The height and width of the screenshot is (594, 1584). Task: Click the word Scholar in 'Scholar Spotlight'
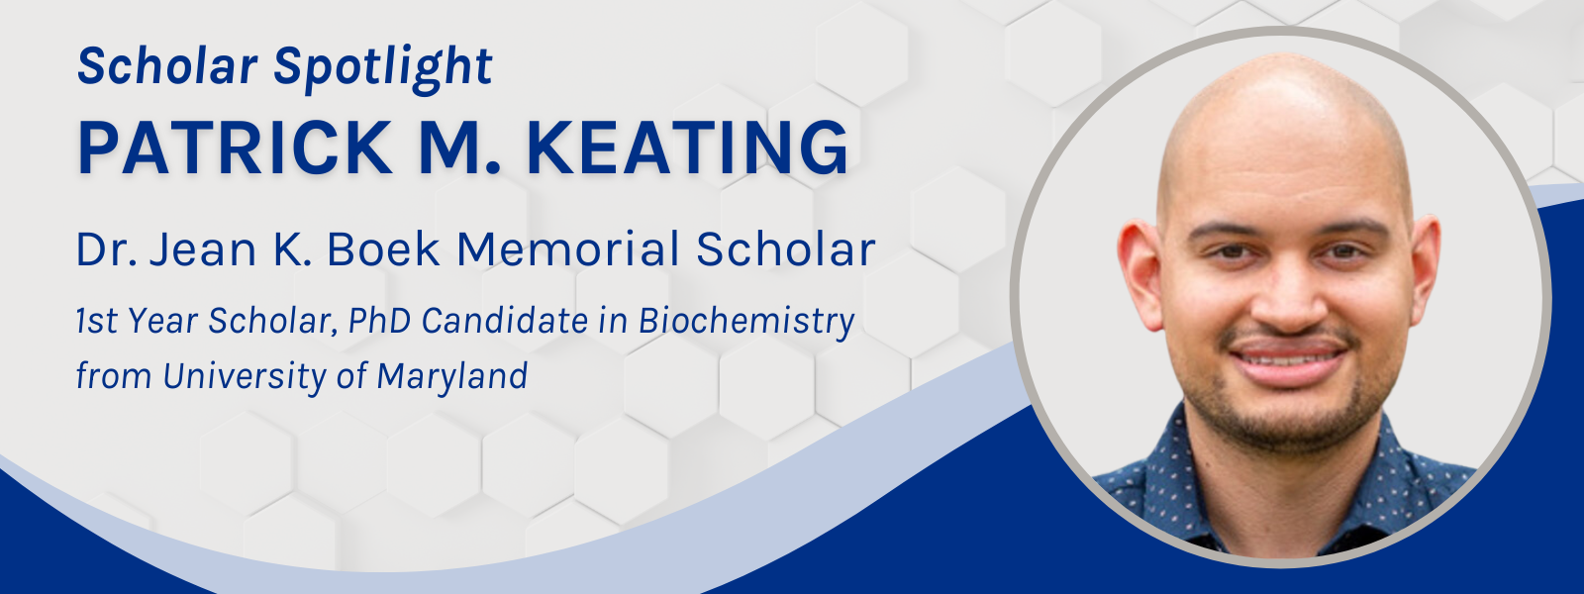click(167, 66)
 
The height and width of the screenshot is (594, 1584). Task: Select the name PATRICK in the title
click(235, 148)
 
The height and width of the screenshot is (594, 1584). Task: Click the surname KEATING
click(688, 148)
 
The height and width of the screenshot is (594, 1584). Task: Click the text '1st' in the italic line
click(97, 321)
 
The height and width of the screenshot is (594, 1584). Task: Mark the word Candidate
click(505, 321)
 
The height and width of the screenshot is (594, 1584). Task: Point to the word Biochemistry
click(746, 322)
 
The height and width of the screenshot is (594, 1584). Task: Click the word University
click(245, 376)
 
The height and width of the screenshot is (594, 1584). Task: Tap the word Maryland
click(451, 376)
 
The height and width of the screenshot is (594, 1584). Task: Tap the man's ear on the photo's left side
click(1139, 273)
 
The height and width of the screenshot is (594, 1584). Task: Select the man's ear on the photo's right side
click(1425, 268)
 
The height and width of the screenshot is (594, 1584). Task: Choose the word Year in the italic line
click(162, 321)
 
